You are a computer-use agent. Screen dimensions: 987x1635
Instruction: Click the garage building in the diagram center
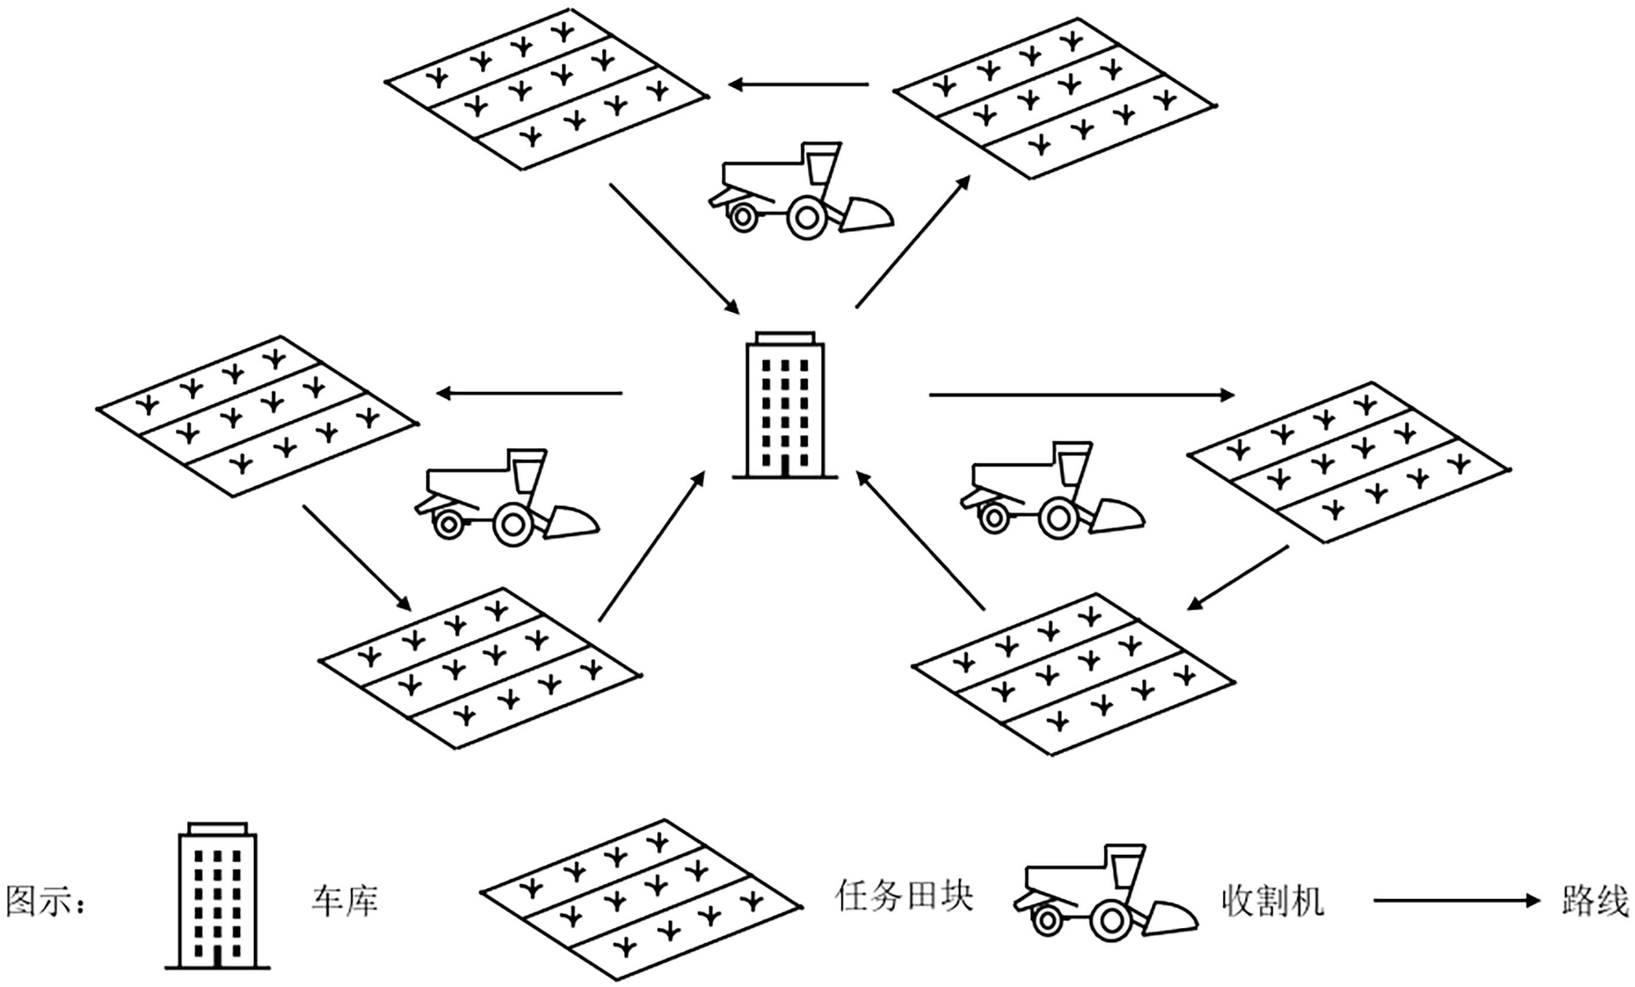[x=785, y=405]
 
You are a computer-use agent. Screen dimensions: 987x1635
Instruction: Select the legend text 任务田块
[x=904, y=896]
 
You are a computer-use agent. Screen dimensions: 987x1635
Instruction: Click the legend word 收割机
[x=1273, y=901]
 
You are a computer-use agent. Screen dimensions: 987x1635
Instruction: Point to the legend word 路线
[x=1595, y=901]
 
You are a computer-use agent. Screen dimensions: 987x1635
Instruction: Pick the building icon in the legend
[x=218, y=896]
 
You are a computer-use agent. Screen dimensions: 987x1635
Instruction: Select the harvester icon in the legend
[x=1105, y=893]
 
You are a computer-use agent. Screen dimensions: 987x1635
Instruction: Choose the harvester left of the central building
[x=507, y=498]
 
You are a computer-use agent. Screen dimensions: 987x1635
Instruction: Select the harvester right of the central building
[x=1052, y=491]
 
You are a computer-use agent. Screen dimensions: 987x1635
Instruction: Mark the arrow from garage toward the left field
[x=529, y=394]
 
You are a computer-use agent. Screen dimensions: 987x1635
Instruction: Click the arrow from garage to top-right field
[x=913, y=242]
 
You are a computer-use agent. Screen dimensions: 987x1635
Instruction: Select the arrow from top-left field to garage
[x=674, y=248]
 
